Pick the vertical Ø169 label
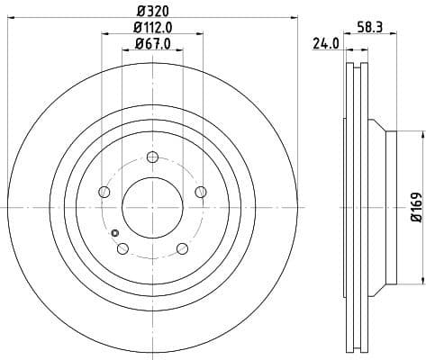tap(415, 208)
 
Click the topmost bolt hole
tap(151, 158)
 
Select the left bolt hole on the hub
tap(104, 193)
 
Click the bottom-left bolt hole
tap(122, 248)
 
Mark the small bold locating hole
tap(113, 235)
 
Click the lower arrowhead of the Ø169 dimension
tap(421, 284)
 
